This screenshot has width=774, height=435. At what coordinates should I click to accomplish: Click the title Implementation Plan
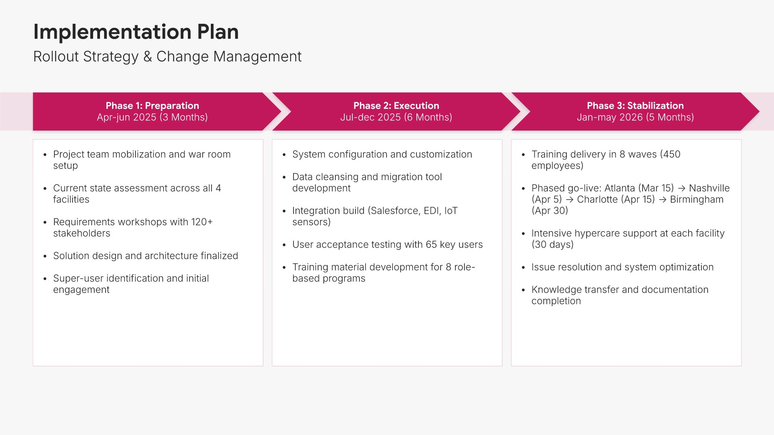tap(136, 32)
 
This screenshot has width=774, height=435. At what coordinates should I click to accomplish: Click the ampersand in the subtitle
tap(148, 57)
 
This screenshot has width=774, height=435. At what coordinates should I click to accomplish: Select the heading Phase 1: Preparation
tap(152, 106)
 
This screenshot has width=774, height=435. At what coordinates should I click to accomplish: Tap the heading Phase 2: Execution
tap(396, 106)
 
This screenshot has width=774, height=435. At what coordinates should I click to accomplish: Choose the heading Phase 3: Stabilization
tap(635, 106)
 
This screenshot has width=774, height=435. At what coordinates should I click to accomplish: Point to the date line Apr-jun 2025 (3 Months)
tap(152, 117)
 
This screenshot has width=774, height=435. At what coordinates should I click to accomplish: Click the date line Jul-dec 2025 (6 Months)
tap(396, 117)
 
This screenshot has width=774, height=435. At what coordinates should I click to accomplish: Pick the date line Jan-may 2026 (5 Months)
tap(635, 117)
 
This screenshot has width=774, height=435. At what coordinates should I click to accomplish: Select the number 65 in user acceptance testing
tap(431, 244)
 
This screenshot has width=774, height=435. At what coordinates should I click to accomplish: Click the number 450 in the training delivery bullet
tap(672, 154)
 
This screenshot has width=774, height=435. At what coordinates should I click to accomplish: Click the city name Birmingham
tap(697, 199)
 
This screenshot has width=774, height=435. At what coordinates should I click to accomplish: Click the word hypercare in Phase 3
tap(595, 234)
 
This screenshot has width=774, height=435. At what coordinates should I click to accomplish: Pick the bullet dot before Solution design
tap(45, 257)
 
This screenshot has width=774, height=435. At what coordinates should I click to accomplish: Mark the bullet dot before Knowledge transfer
tap(523, 290)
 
